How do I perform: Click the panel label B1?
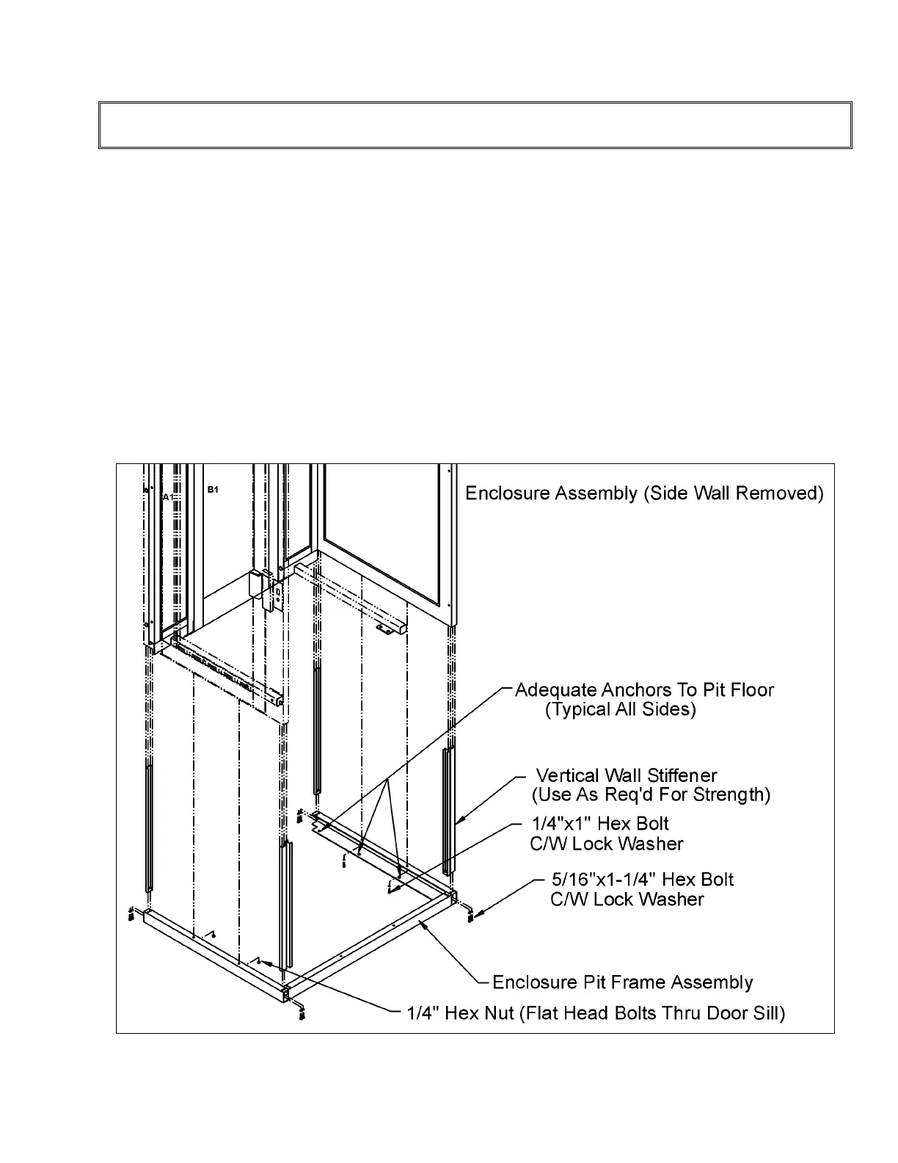[x=213, y=489]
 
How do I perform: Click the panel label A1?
[x=168, y=497]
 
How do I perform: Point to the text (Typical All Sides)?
[x=621, y=710]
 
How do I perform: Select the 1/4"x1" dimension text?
[x=561, y=824]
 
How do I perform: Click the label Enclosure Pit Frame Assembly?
[x=622, y=982]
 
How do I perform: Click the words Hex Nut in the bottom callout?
[x=478, y=1014]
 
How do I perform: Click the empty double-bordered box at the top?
[x=475, y=126]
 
